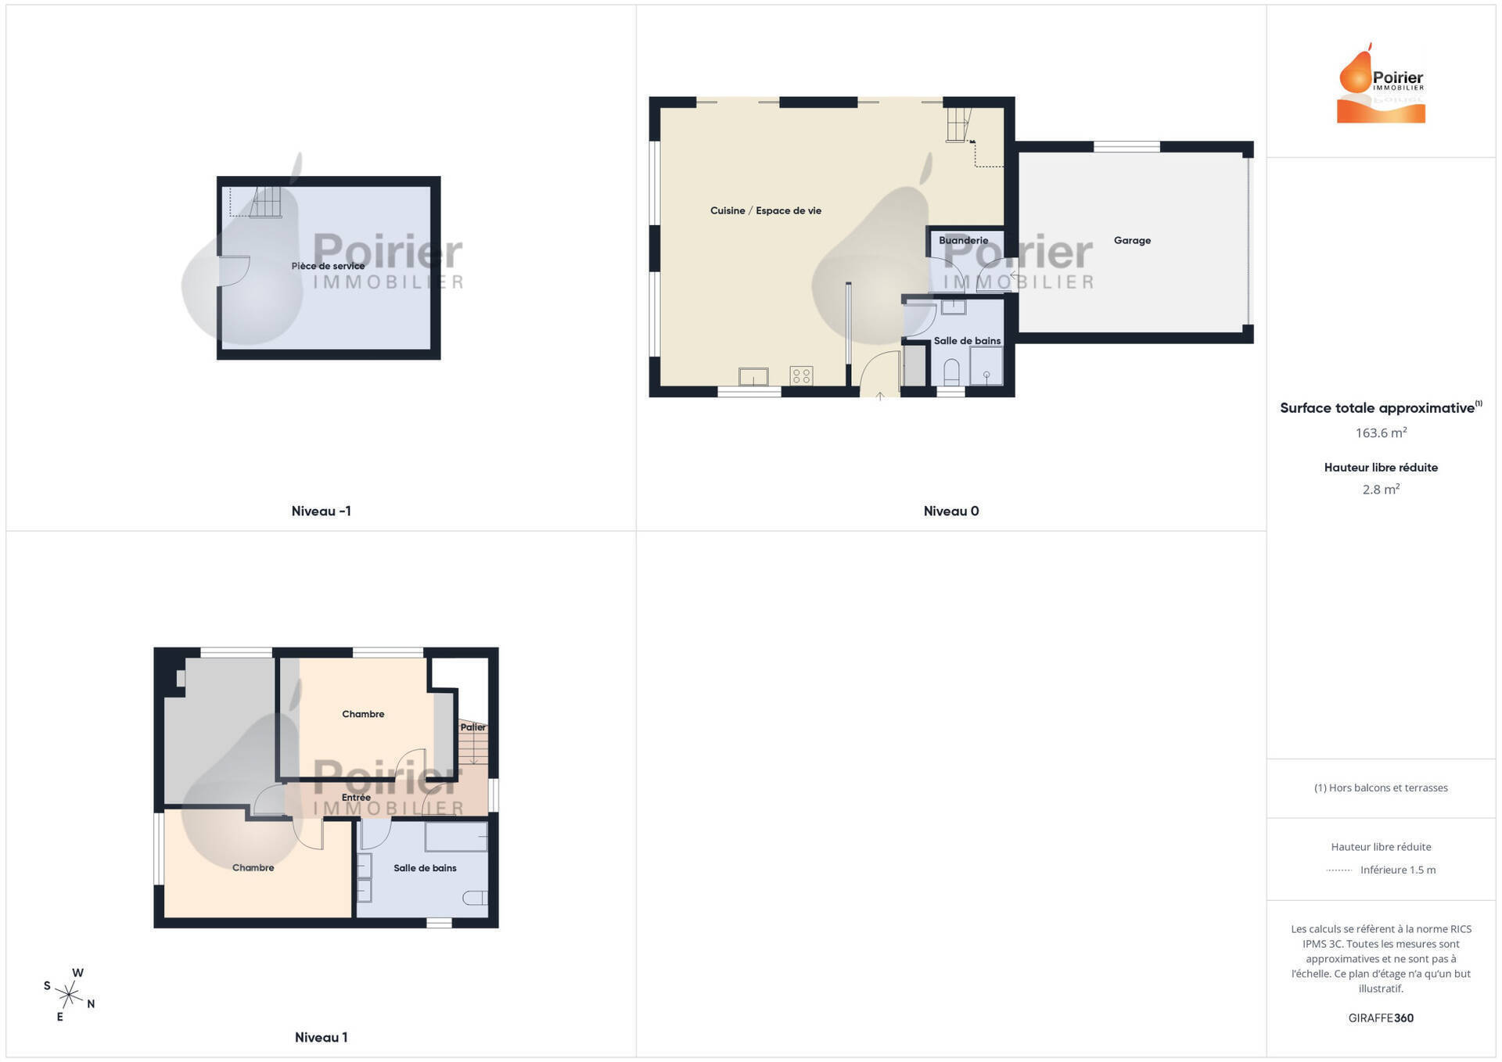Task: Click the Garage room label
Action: [x=1132, y=241]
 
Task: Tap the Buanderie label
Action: [x=963, y=241]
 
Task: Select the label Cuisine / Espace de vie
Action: [x=765, y=211]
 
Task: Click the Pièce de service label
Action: [x=328, y=266]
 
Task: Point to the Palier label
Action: [x=473, y=727]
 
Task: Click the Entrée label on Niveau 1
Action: [x=356, y=798]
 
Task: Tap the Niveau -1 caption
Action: [x=321, y=511]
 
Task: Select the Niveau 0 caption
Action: [x=951, y=511]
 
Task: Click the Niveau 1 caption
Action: [x=321, y=1038]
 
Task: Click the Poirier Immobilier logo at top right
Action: [x=1381, y=84]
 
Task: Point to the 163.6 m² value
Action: [x=1381, y=432]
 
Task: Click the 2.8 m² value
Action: [x=1381, y=490]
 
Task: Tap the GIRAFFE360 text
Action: [x=1381, y=1018]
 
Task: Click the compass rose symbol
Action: [x=69, y=995]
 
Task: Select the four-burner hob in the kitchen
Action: [x=801, y=376]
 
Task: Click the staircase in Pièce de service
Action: [x=266, y=203]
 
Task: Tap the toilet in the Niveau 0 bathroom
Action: [x=951, y=372]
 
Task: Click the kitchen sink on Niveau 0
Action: [x=753, y=377]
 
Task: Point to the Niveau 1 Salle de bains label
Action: [x=425, y=868]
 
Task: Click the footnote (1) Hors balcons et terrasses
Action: [x=1381, y=788]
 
